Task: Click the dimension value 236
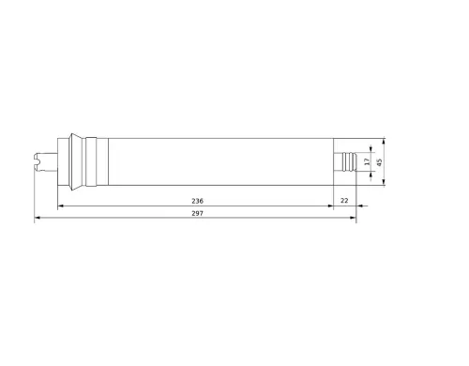point(197,201)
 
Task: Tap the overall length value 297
point(197,213)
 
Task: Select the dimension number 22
point(344,201)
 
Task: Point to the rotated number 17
point(367,161)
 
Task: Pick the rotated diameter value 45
point(379,162)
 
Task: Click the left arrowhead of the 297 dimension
point(37,218)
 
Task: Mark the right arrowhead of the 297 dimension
point(354,218)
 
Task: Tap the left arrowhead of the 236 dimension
point(61,206)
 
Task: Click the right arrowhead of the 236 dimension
point(330,206)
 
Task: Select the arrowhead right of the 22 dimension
point(359,206)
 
